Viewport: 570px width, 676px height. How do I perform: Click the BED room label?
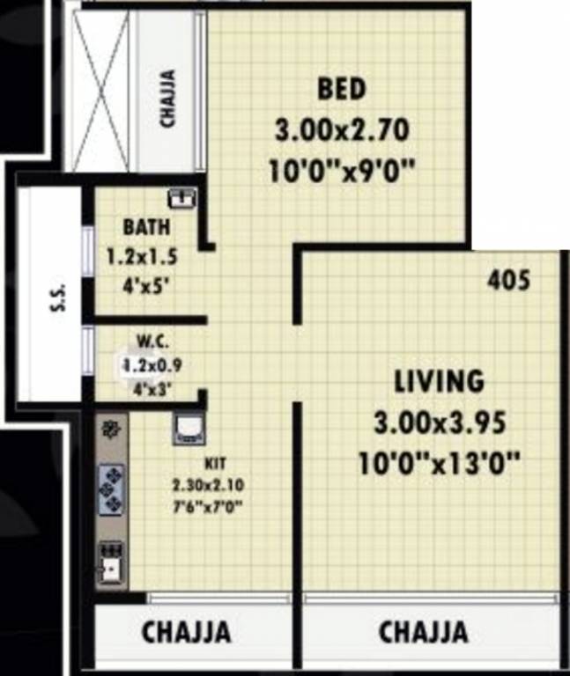(x=342, y=90)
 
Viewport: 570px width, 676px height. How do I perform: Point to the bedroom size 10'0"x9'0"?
(x=342, y=169)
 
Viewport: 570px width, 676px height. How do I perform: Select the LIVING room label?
(x=439, y=382)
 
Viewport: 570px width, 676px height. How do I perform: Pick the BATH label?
(x=146, y=227)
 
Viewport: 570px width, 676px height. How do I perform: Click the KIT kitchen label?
(x=214, y=462)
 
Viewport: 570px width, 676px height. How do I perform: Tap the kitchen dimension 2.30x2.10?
(x=208, y=483)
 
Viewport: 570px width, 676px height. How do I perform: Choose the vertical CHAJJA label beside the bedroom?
(x=167, y=99)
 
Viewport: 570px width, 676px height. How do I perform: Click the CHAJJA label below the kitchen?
(x=187, y=632)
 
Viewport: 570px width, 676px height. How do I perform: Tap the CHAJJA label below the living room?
(x=423, y=632)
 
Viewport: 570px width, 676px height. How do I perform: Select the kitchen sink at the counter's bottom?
(x=111, y=563)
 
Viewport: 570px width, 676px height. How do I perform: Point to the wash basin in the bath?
(x=181, y=197)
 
